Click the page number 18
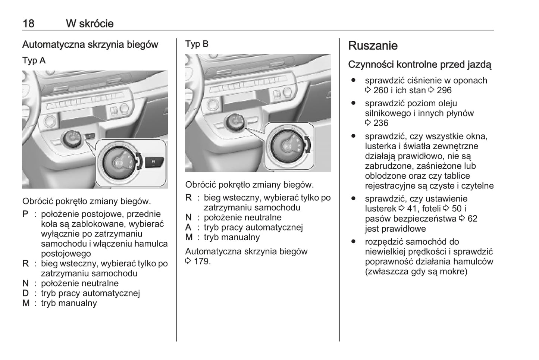pyautogui.click(x=28, y=24)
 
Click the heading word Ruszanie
pyautogui.click(x=373, y=46)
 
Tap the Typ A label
pyautogui.click(x=34, y=60)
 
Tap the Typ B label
pyautogui.click(x=197, y=44)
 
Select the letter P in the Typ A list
pyautogui.click(x=25, y=214)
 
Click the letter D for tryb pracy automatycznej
pyautogui.click(x=25, y=293)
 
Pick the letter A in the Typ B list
pyautogui.click(x=188, y=227)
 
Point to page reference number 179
pyautogui.click(x=202, y=261)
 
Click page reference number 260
pyautogui.click(x=380, y=90)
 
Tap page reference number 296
pyautogui.click(x=444, y=90)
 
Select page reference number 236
pyautogui.click(x=380, y=123)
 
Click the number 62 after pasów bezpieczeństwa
pyautogui.click(x=472, y=219)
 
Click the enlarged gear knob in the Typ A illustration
pyautogui.click(x=119, y=163)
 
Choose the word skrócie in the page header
pyautogui.click(x=96, y=24)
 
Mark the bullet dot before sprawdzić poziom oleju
pyautogui.click(x=353, y=103)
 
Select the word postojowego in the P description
pyautogui.click(x=66, y=254)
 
